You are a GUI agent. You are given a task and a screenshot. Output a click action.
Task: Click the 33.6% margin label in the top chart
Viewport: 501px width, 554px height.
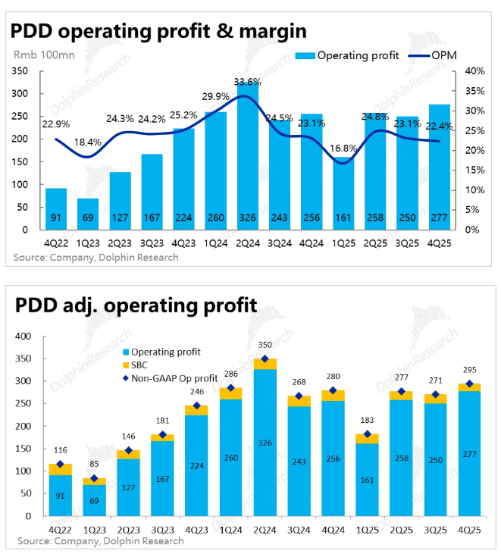pos(248,82)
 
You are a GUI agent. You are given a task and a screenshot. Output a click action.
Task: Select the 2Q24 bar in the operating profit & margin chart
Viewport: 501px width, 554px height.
pos(248,159)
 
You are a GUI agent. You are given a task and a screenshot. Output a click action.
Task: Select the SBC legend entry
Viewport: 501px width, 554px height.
pos(141,365)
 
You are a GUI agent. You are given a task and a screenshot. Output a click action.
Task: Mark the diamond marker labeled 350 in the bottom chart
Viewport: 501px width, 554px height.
pos(265,359)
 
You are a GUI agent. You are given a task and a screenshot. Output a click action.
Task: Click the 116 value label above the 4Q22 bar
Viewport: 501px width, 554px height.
pos(60,451)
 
